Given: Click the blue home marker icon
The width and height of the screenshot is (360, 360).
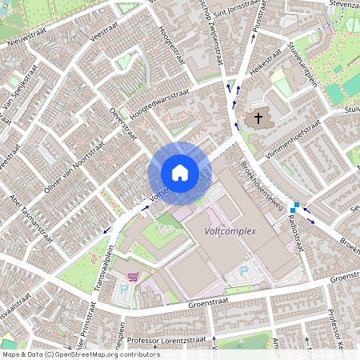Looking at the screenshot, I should click(180, 172).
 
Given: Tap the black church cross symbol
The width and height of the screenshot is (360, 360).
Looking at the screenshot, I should click(258, 120).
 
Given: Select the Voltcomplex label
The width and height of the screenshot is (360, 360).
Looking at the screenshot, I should click(230, 231).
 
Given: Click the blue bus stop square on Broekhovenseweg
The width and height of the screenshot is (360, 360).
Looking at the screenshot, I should click(295, 206).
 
